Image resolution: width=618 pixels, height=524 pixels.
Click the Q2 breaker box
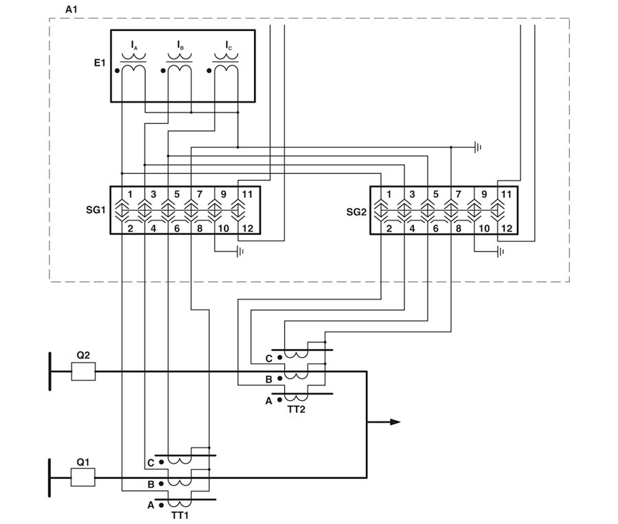point(84,372)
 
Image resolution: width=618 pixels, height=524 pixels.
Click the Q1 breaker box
point(84,477)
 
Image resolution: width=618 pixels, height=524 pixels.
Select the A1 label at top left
point(70,10)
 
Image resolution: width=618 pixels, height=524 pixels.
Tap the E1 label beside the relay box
point(100,63)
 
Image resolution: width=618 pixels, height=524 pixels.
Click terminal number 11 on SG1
point(247,194)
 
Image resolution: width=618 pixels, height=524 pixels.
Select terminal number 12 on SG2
point(507,228)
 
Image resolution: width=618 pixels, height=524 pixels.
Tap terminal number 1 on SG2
point(390,194)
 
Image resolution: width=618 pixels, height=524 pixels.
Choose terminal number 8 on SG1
point(200,228)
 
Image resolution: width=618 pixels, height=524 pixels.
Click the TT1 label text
point(180,514)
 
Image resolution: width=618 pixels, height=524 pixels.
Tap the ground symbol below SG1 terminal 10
point(240,251)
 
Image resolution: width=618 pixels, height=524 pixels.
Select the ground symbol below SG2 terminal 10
point(501,251)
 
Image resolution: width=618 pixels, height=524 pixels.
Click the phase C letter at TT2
point(269,358)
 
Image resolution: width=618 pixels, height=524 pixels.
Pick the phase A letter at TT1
point(151,505)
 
